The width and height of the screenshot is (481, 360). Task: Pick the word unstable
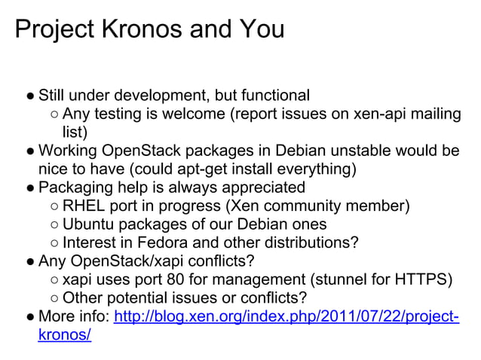pos(348,150)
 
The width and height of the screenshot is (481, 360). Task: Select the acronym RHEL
pos(82,206)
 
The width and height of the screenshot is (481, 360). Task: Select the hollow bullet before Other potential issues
pos(54,298)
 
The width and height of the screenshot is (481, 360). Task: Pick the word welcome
pos(193,114)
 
